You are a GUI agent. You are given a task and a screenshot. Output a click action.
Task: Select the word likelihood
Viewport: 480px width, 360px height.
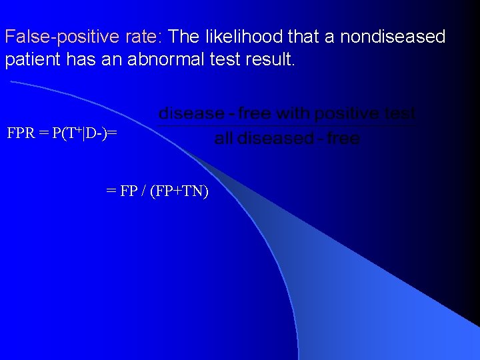[x=245, y=37]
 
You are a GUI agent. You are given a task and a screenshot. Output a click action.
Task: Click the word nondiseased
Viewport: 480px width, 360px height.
[x=393, y=37]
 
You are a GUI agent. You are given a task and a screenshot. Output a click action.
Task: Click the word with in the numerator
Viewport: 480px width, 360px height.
[x=291, y=114]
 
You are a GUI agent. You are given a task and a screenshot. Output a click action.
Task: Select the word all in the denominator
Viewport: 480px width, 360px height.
[x=224, y=139]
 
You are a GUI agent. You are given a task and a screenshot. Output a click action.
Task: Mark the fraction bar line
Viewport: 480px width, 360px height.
[x=287, y=125]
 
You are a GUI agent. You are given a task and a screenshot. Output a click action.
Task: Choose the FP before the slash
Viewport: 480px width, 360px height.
[x=127, y=192]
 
